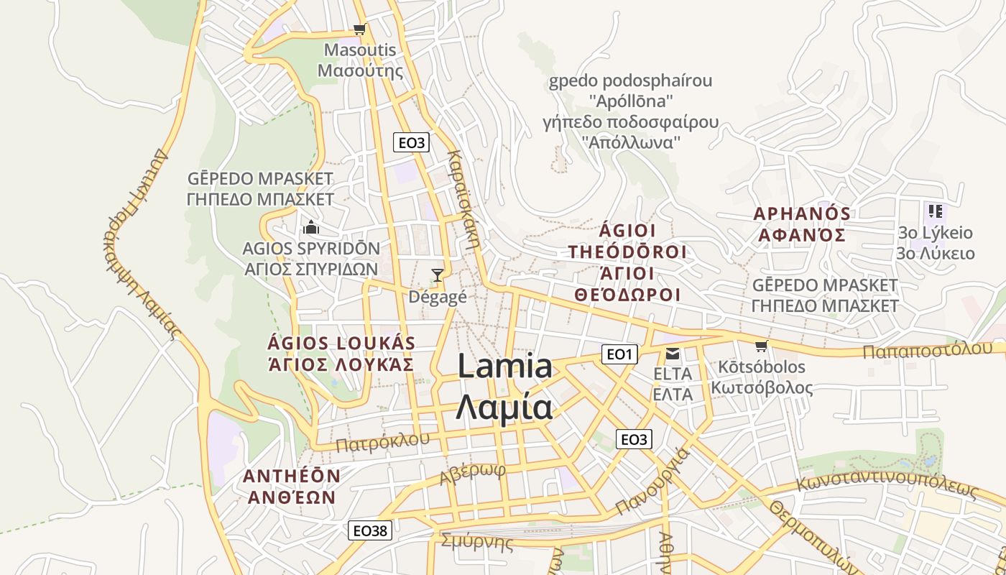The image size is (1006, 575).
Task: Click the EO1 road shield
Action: coord(619,354)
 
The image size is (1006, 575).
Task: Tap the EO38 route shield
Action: coord(370,530)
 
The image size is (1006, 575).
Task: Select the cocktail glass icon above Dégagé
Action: coord(437,275)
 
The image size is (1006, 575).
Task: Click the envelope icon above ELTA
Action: coord(673,354)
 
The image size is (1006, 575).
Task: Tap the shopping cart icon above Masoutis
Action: coord(359,29)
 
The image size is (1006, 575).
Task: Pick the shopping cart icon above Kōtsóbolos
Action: coord(762,346)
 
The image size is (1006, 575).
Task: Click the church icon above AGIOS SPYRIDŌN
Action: coord(311,228)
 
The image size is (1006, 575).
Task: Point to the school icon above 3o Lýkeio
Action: coord(935,211)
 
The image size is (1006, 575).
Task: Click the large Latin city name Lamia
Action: coord(504,367)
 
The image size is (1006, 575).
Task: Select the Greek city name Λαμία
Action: coord(504,407)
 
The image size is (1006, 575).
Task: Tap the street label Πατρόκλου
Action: coord(382,441)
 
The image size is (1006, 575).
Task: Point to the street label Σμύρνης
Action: coord(477,541)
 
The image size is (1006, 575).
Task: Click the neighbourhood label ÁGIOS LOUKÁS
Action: coord(341,342)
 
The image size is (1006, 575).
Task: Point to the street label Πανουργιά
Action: coord(652,482)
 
